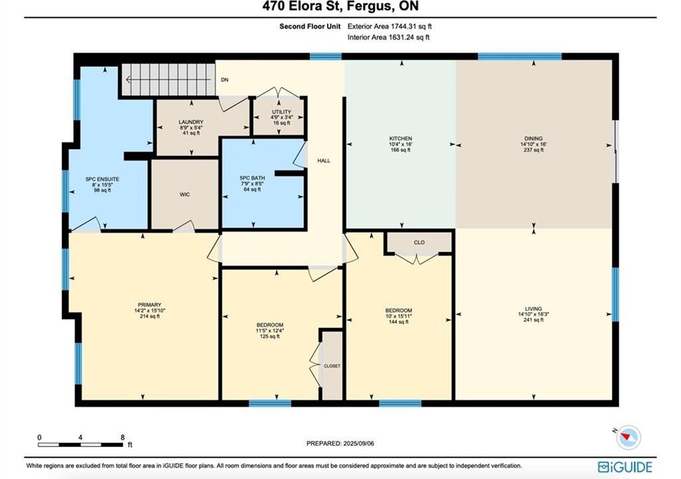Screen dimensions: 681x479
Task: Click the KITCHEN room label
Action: (x=400, y=138)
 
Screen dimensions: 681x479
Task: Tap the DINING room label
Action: (x=533, y=138)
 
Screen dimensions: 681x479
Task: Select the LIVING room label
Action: (x=533, y=309)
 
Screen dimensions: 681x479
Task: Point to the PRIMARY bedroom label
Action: (x=150, y=305)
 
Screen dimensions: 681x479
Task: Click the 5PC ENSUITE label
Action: (x=102, y=179)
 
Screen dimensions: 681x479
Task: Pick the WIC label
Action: (x=185, y=195)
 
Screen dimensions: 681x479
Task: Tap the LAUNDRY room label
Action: (x=191, y=122)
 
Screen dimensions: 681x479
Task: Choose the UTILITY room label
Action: (x=281, y=112)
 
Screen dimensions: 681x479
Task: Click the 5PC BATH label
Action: (x=252, y=178)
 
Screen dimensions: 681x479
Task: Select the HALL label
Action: (x=324, y=161)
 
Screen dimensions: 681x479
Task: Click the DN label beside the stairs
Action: (x=225, y=80)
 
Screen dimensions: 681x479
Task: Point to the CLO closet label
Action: (x=419, y=243)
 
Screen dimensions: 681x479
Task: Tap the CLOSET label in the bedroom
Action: (x=333, y=366)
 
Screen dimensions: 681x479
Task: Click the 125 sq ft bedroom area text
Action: (x=270, y=337)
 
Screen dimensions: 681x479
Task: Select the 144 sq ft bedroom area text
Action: (x=398, y=322)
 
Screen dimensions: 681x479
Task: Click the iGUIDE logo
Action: (x=624, y=467)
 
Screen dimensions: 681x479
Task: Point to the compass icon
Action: (x=628, y=436)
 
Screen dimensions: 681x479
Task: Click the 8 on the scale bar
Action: (x=122, y=437)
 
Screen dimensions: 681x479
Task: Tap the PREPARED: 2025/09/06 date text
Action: (x=340, y=443)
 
